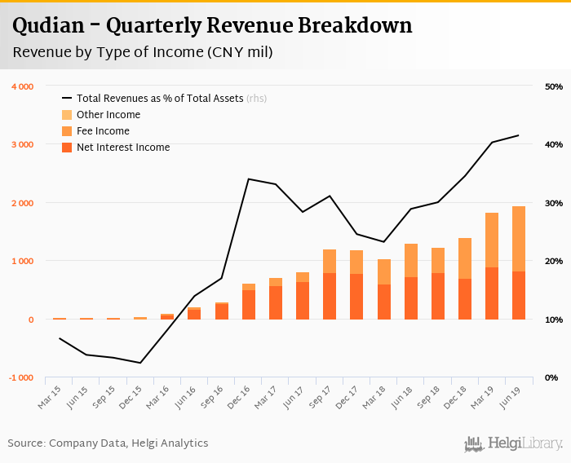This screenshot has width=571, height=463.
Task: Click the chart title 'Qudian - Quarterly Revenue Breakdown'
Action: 212,25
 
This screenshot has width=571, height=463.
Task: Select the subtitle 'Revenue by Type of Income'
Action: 143,52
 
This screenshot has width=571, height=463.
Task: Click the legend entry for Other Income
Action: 108,115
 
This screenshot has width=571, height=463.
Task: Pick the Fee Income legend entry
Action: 103,131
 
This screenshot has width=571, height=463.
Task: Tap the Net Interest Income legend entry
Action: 122,148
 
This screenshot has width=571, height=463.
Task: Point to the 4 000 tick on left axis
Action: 22,86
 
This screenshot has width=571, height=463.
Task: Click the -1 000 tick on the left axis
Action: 21,377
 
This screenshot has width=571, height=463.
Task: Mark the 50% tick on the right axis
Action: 554,86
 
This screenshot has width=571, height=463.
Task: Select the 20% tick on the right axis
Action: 554,261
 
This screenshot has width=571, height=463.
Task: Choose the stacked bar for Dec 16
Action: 249,301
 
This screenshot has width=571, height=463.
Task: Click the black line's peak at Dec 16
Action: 249,179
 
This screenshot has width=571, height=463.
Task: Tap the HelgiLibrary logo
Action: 514,443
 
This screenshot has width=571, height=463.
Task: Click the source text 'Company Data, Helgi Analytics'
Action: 129,443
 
